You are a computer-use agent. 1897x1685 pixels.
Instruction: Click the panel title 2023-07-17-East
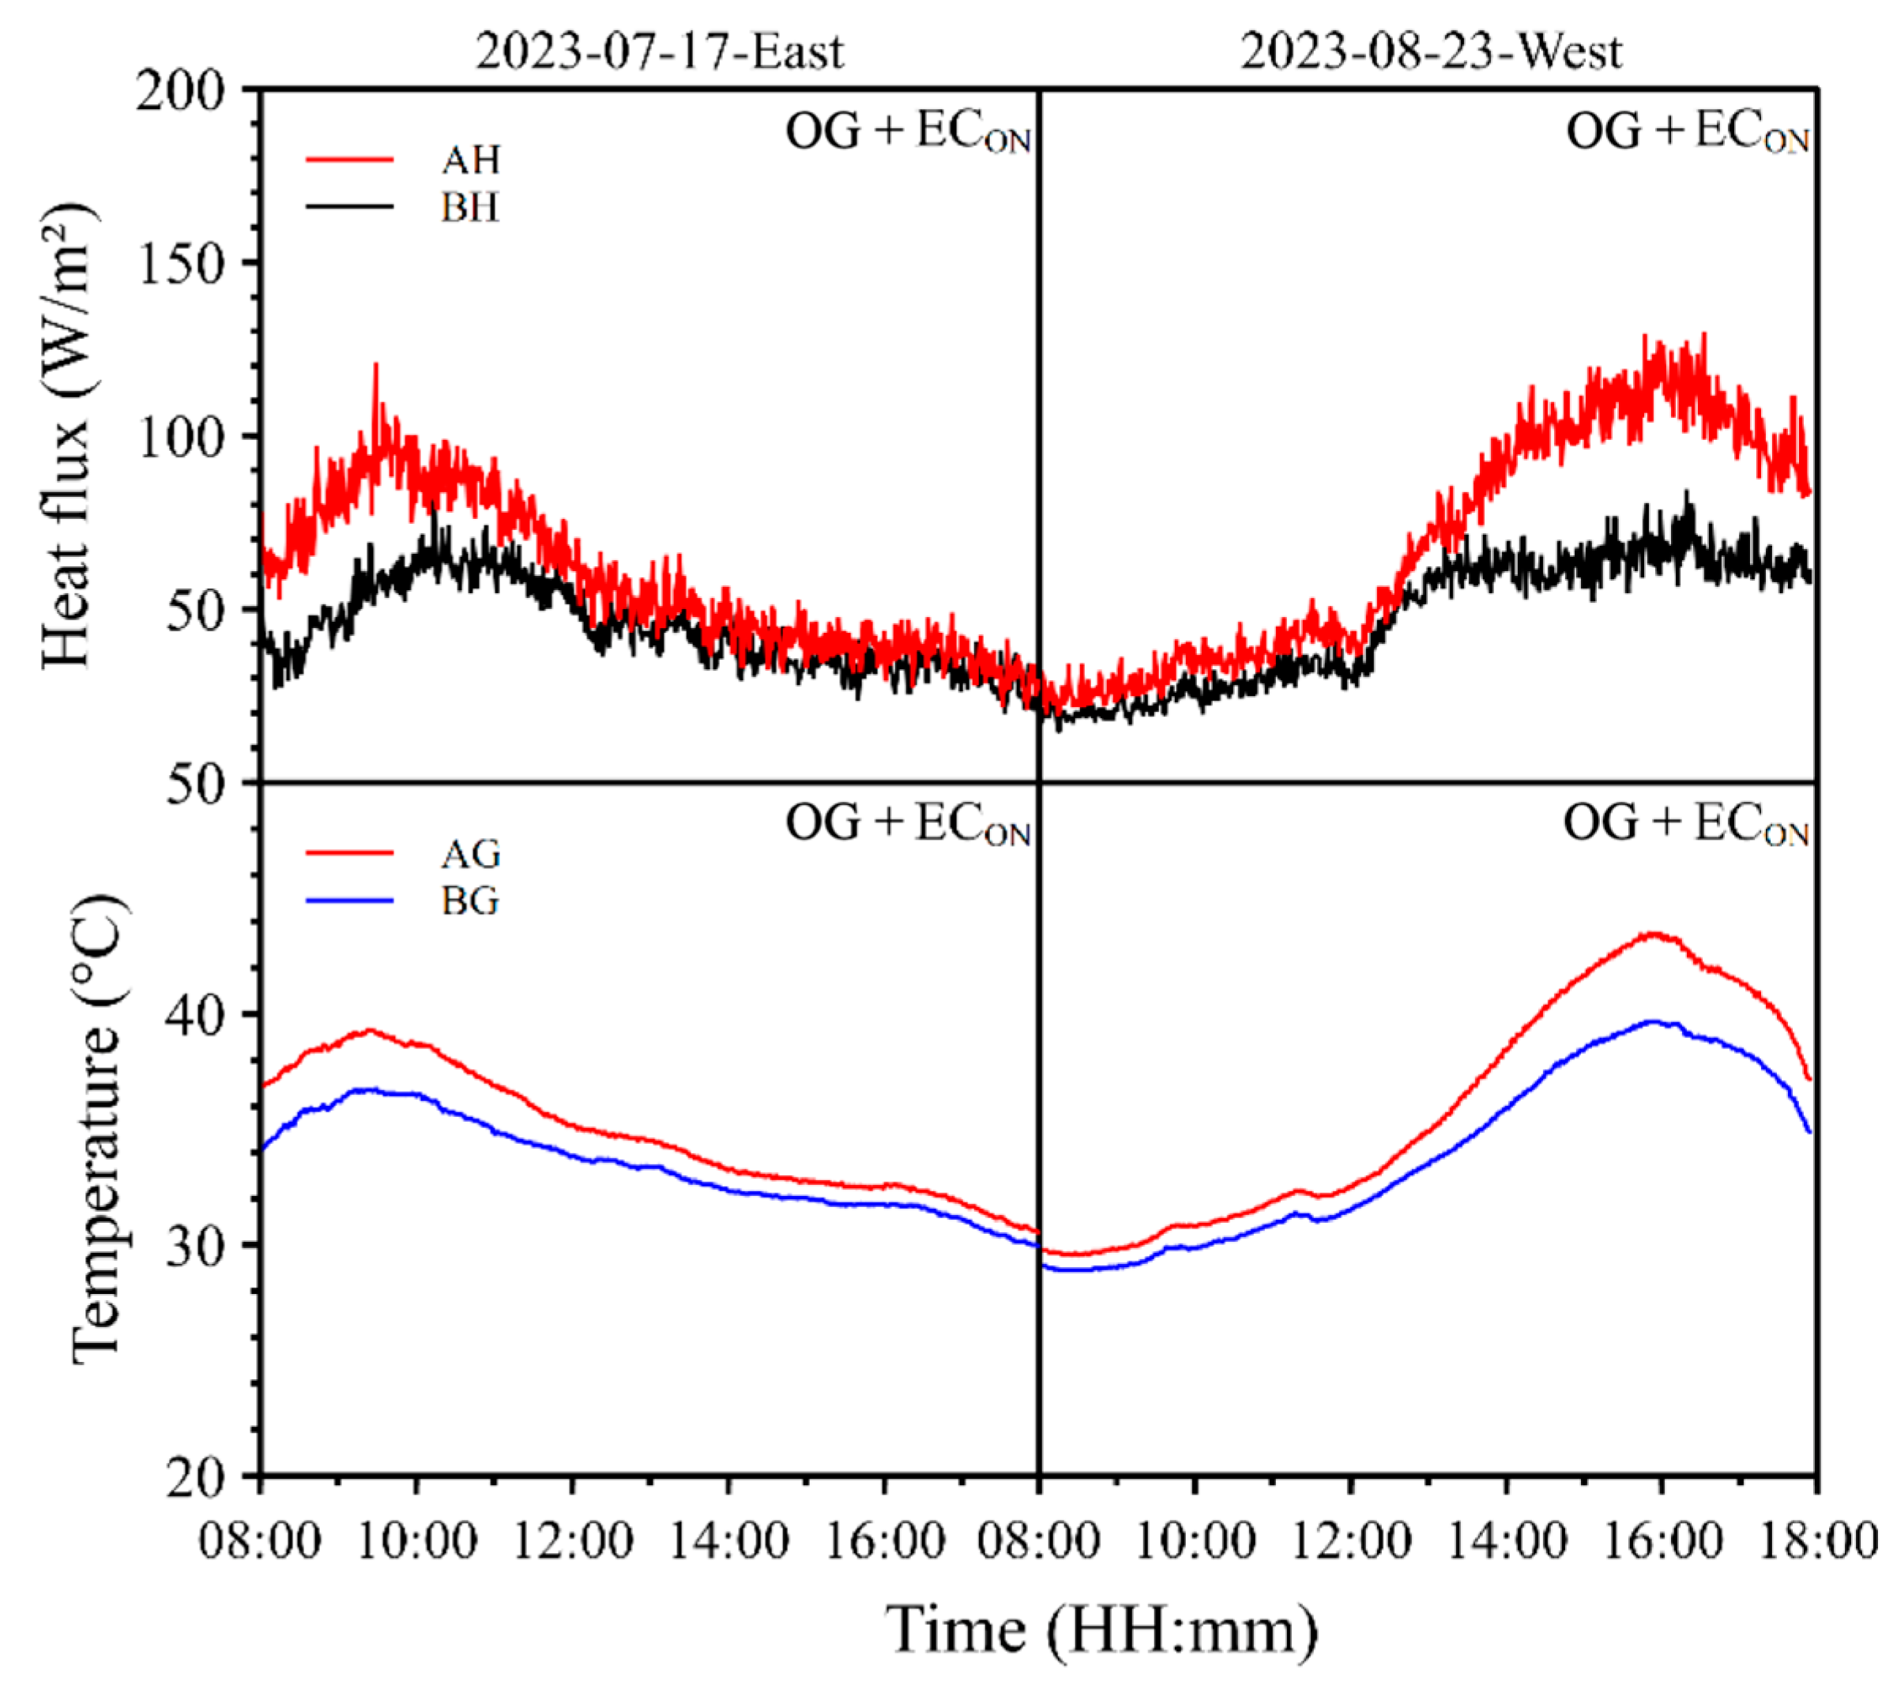tap(659, 52)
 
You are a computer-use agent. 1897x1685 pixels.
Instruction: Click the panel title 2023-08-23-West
tap(1431, 52)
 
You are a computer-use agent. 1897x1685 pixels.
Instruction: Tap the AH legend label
tap(471, 160)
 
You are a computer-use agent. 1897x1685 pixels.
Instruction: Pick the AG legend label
tap(471, 854)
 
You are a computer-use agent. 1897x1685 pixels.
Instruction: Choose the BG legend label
tap(471, 901)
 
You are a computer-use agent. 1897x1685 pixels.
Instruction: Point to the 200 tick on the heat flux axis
tap(181, 91)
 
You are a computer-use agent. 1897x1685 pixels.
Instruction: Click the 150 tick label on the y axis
tap(181, 265)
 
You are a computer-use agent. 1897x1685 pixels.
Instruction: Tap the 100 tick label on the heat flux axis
tap(181, 438)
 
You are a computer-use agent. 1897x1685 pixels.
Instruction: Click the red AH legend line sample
tap(350, 160)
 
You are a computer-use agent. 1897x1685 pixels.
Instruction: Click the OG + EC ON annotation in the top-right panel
tap(1688, 132)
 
